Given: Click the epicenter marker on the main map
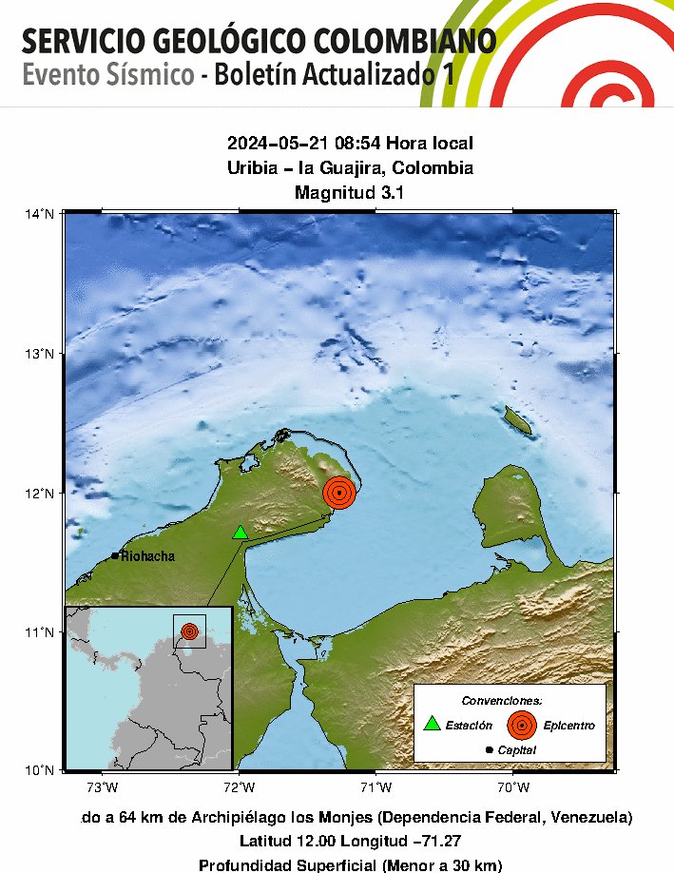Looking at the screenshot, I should tap(339, 493).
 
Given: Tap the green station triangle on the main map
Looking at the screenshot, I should tap(241, 533).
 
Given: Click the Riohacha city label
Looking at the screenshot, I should tap(147, 556).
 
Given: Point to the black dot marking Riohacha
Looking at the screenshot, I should tap(115, 555).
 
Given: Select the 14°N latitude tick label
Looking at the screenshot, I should tap(39, 213).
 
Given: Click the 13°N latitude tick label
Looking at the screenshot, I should tap(39, 354).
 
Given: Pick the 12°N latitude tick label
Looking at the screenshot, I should tap(39, 493).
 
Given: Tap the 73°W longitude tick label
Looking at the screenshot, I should tap(102, 786).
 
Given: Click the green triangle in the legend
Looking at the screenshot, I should tap(433, 724).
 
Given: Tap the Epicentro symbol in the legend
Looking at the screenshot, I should tap(520, 725).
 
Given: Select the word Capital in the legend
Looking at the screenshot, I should tap(516, 750).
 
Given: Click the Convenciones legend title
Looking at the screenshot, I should tap(509, 700).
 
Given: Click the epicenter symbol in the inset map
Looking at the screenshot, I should tap(189, 630).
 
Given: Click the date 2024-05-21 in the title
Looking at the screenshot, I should tap(276, 144).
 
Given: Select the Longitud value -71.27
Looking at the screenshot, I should tap(433, 842).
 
